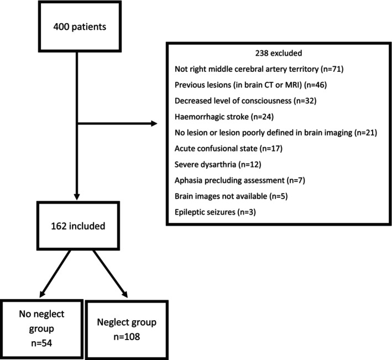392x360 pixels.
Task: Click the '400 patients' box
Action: [80, 26]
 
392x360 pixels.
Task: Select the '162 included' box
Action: [78, 226]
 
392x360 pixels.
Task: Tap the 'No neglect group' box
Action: [41, 329]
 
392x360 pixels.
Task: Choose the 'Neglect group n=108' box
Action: [127, 330]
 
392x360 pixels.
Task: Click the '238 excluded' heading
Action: [279, 53]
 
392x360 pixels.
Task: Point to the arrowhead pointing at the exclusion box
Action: [154, 123]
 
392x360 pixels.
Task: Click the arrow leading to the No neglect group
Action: [55, 274]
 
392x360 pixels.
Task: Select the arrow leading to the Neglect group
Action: [110, 274]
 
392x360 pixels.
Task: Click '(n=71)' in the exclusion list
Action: [332, 69]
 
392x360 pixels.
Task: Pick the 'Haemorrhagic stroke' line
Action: [224, 117]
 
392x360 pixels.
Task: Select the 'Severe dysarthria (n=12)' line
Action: [218, 164]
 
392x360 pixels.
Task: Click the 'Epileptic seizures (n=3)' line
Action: [215, 212]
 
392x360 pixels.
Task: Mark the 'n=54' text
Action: [41, 343]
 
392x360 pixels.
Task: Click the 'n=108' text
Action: [127, 337]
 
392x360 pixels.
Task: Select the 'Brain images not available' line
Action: [231, 196]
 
